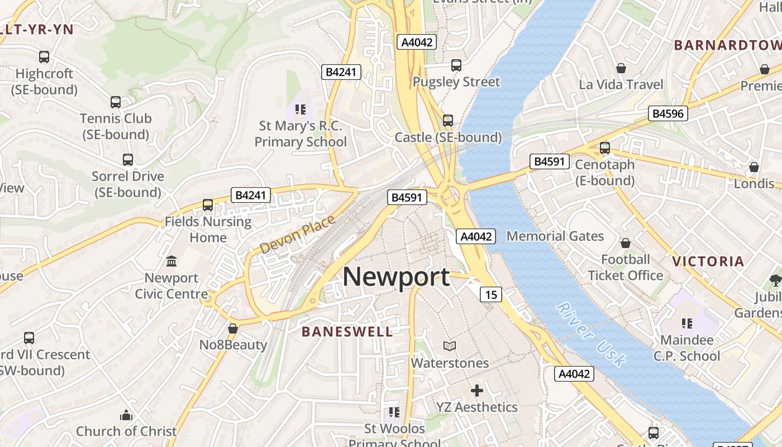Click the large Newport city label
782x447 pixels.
click(x=396, y=277)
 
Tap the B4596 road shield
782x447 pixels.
click(x=668, y=113)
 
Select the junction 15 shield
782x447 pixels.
click(x=490, y=294)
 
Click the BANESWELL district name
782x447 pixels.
click(x=347, y=331)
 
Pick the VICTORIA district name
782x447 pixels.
click(x=708, y=261)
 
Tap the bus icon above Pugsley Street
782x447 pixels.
click(x=456, y=65)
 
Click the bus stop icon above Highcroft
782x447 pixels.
click(x=44, y=57)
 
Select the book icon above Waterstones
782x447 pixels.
click(x=450, y=346)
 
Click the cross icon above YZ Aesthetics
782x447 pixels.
click(x=476, y=391)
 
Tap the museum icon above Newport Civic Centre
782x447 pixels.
click(x=171, y=261)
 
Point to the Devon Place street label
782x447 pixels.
click(x=297, y=234)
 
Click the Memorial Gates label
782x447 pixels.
click(x=555, y=236)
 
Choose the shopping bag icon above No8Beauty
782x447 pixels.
click(x=233, y=329)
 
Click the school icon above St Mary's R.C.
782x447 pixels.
click(x=301, y=109)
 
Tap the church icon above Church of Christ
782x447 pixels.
click(x=126, y=415)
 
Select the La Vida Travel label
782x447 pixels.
click(x=621, y=84)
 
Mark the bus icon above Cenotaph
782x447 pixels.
click(x=605, y=148)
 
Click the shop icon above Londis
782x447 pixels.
click(x=754, y=167)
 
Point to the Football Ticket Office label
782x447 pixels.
click(x=626, y=267)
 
